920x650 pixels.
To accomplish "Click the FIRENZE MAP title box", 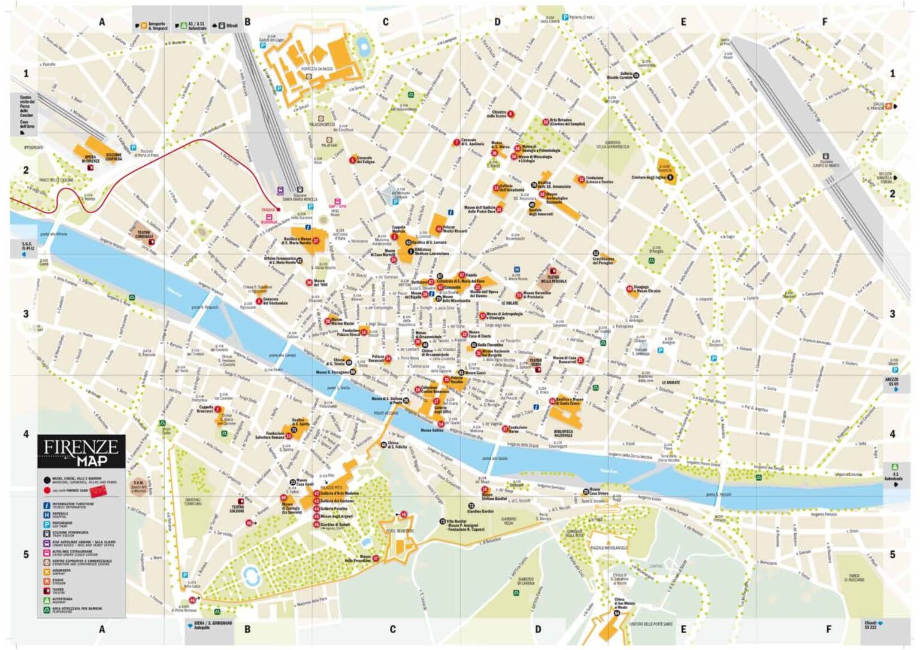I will coord(81,451).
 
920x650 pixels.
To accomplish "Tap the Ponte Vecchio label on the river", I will coord(386,413).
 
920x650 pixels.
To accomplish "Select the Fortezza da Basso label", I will coord(317,69).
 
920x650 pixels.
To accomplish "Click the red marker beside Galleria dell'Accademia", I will coord(496,188).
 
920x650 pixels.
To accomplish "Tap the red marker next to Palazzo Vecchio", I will coord(446,379).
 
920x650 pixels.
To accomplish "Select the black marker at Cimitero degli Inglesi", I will coord(670,177).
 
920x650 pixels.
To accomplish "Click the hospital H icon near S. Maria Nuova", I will coord(517,270).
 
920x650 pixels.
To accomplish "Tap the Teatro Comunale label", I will coord(144,235).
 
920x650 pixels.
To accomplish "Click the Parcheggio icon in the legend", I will coord(47,524).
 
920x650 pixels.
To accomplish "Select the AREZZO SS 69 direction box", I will coord(893,382).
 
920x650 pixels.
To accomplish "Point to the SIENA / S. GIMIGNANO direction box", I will coord(208,625).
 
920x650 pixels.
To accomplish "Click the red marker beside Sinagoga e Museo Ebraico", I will coord(630,289).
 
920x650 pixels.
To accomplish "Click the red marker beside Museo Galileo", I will coord(441,424).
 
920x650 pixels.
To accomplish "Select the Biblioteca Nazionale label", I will coord(563,433).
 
